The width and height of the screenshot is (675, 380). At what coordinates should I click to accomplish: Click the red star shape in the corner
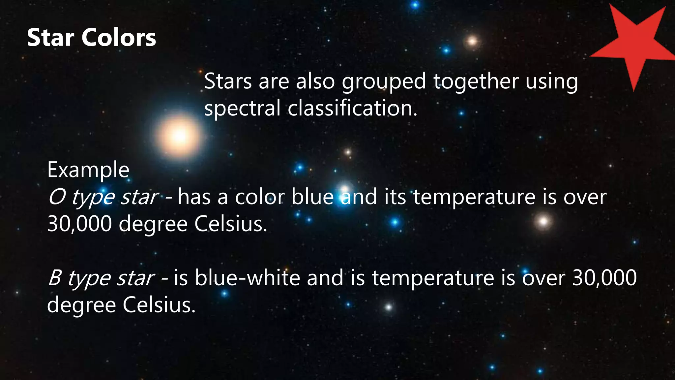[x=634, y=46]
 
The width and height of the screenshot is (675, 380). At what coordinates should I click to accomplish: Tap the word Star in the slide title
[x=50, y=38]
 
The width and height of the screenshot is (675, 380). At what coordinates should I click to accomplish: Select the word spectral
[x=242, y=109]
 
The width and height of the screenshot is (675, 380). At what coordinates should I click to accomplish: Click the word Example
[x=88, y=171]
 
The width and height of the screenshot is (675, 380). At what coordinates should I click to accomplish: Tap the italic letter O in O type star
[x=56, y=197]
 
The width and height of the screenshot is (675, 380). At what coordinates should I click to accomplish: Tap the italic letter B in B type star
[x=55, y=278]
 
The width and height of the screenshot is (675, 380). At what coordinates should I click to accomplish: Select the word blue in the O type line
[x=313, y=197]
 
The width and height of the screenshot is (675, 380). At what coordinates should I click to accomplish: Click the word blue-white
[x=248, y=278]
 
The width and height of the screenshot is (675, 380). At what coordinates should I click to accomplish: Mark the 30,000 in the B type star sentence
[x=604, y=278]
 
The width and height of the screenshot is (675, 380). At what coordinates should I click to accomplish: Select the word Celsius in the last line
[x=159, y=305]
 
